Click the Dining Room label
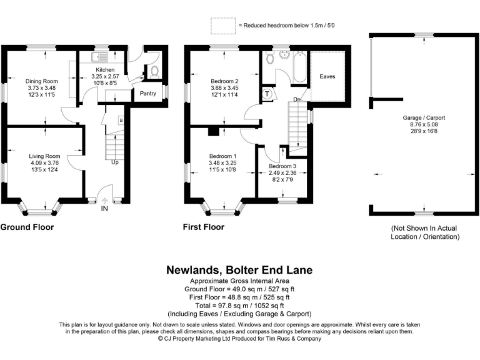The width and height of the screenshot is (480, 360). point(42,81)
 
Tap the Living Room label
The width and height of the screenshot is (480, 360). point(44,156)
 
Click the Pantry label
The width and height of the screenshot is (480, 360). point(148,93)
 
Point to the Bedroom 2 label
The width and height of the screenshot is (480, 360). point(224,81)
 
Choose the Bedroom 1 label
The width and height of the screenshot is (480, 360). point(222,156)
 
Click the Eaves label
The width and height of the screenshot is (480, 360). point(327,76)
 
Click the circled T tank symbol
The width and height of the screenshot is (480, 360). point(267,94)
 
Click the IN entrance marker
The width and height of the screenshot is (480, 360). point(104,208)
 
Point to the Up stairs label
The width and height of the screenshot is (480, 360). point(115,162)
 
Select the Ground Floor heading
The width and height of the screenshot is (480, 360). point(27,227)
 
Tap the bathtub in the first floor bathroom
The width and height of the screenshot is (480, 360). point(298,68)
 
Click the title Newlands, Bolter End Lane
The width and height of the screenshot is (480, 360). point(239,271)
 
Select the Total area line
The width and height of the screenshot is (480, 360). point(239,306)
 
